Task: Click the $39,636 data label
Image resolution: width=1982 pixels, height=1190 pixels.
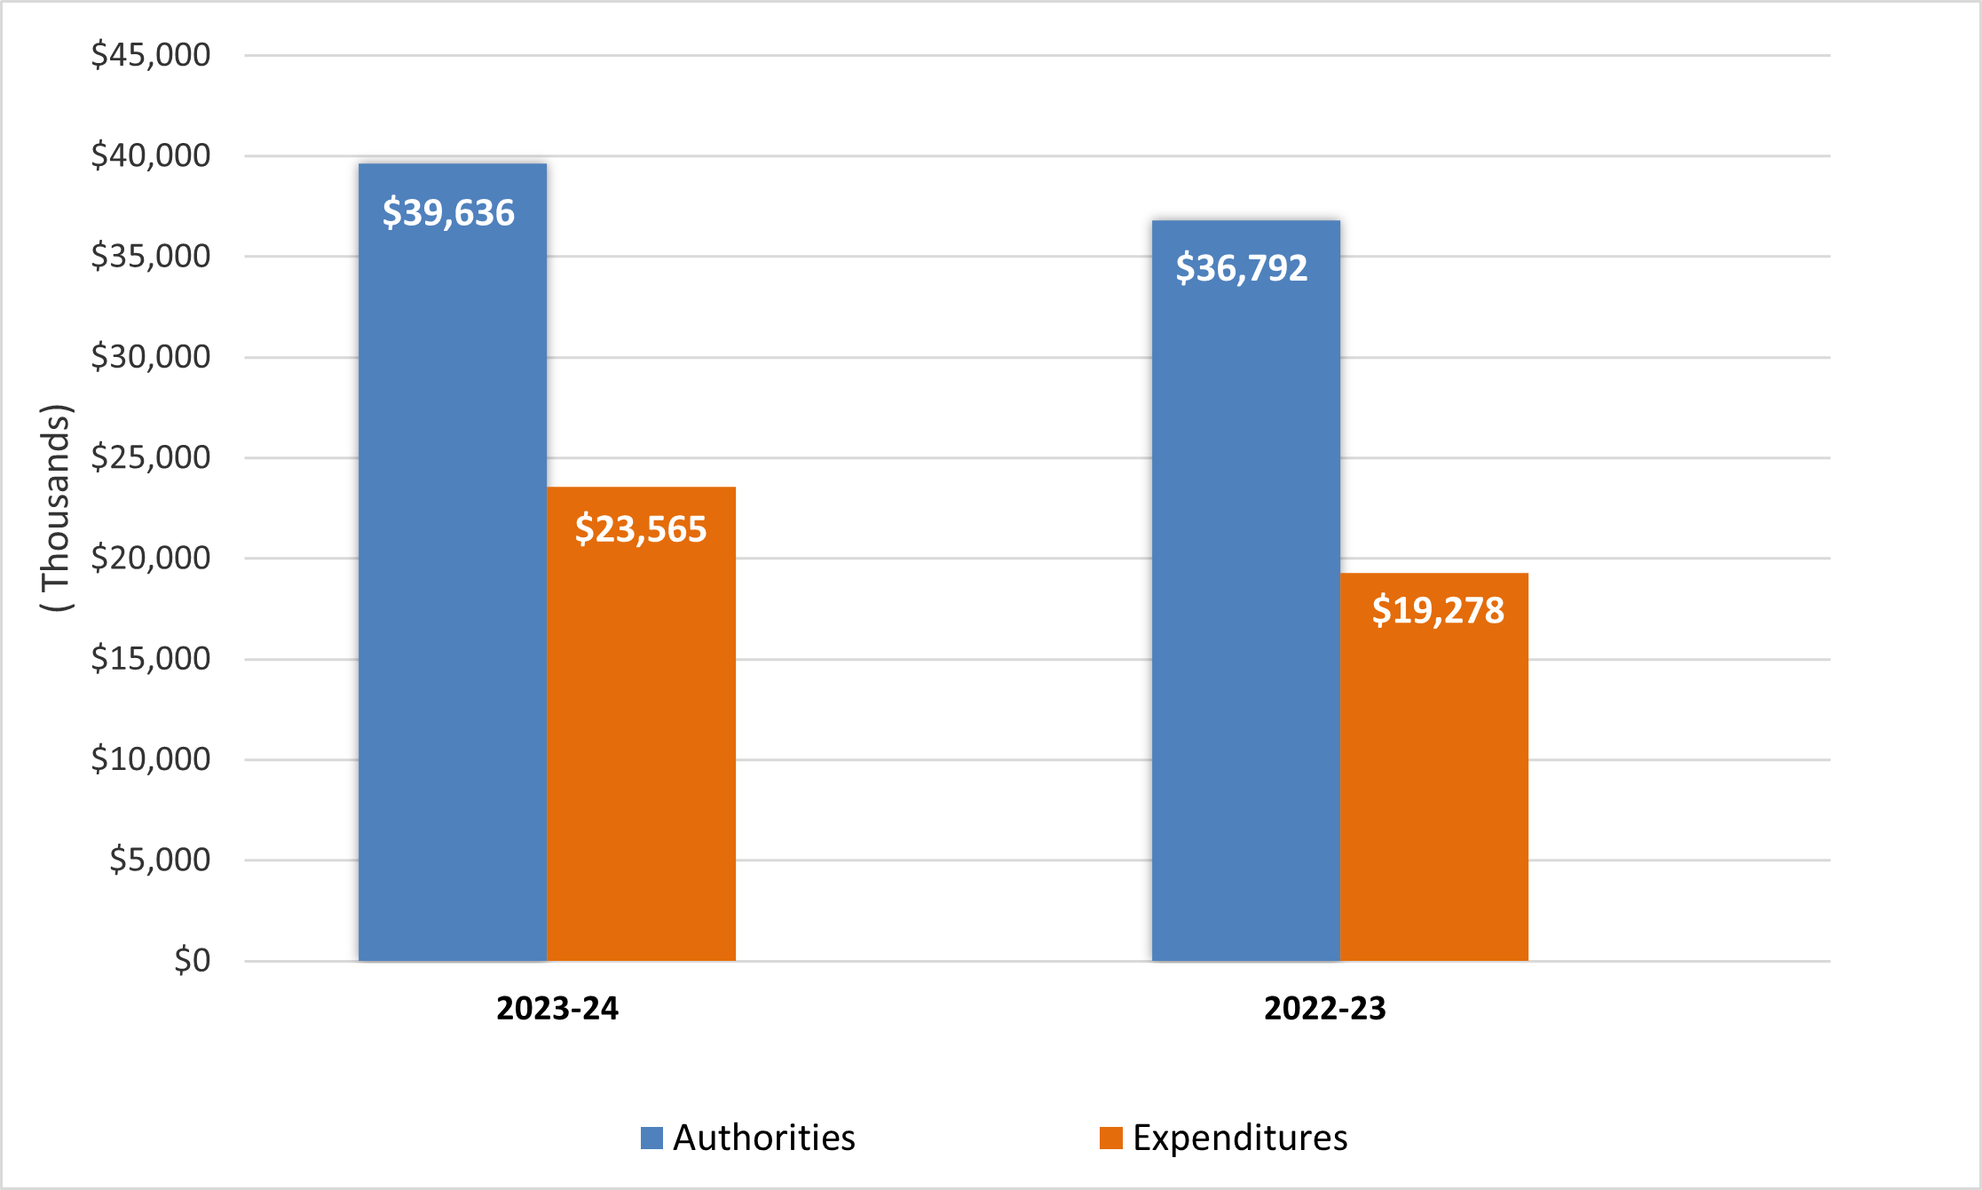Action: [x=448, y=213]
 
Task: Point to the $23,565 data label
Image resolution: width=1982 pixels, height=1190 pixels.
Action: [x=641, y=529]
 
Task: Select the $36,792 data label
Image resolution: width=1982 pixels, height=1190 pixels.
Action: [x=1242, y=268]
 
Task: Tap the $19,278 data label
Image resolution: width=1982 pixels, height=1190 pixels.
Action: [x=1438, y=610]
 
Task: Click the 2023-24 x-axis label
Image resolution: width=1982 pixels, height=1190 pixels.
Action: [x=557, y=1009]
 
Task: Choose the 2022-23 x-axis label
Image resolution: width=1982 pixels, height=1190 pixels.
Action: [x=1324, y=1009]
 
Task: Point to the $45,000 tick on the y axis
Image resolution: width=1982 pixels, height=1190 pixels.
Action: [x=151, y=55]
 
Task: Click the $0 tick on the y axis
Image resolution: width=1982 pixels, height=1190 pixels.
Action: [x=192, y=960]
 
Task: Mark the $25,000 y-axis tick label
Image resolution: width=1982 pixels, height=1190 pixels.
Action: [x=151, y=457]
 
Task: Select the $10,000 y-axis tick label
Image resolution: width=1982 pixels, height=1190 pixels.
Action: [x=151, y=759]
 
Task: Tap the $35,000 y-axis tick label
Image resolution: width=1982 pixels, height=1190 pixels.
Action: [x=151, y=257]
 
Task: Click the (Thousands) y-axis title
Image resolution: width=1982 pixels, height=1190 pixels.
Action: [x=56, y=508]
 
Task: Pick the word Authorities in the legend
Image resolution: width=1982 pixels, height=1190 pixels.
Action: [x=763, y=1138]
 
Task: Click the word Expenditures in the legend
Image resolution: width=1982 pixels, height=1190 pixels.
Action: [x=1240, y=1138]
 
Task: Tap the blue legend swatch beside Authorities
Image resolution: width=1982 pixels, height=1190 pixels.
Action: [x=651, y=1138]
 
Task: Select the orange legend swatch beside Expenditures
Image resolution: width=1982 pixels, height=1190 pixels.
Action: [x=1110, y=1138]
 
